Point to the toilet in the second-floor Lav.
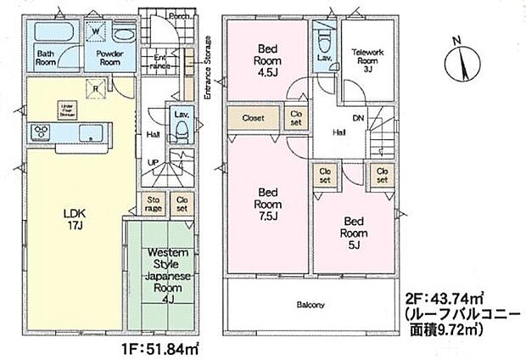[x=323, y=41]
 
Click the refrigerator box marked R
[x=96, y=85]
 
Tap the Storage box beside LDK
[x=154, y=203]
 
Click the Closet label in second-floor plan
[x=254, y=118]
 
